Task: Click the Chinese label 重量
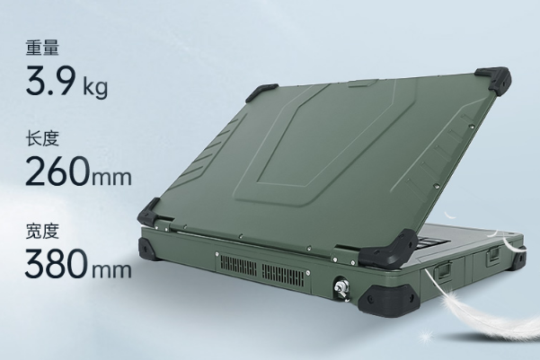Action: (x=42, y=48)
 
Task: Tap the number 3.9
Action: (x=50, y=81)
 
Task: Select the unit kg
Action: (x=95, y=87)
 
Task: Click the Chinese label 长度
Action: (x=42, y=138)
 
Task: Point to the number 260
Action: (x=58, y=171)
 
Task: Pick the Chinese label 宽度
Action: (x=42, y=231)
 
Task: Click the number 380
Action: (x=57, y=263)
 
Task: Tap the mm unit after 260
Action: (x=111, y=178)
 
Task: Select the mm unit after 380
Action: (x=111, y=270)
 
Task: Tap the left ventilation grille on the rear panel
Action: (x=238, y=267)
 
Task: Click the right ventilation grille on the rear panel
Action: (x=283, y=276)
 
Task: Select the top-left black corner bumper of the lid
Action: (x=261, y=92)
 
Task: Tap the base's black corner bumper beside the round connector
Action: (x=387, y=299)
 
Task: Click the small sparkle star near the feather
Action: (x=427, y=334)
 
